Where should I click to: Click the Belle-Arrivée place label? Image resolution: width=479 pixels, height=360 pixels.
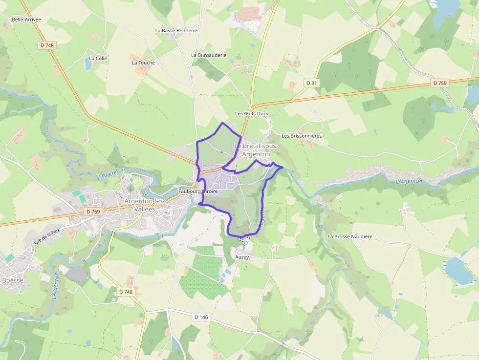click(x=26, y=20)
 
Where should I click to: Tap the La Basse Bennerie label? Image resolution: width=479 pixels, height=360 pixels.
click(x=176, y=30)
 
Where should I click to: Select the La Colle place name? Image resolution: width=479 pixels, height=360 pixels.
click(x=98, y=59)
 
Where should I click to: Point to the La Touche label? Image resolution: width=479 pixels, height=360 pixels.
click(x=143, y=63)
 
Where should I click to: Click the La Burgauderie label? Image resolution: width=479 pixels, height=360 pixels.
click(x=209, y=55)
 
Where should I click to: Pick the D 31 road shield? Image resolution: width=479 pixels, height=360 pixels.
click(x=311, y=83)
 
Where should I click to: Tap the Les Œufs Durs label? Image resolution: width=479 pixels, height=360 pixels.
click(x=251, y=114)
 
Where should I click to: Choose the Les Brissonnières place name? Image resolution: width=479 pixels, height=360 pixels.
click(x=302, y=136)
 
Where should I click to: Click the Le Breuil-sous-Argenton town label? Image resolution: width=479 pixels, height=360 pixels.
click(x=256, y=150)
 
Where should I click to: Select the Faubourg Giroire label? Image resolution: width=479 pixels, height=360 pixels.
click(x=198, y=192)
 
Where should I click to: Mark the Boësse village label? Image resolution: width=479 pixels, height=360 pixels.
click(x=13, y=280)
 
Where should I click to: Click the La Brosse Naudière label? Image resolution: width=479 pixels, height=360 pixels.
click(x=350, y=236)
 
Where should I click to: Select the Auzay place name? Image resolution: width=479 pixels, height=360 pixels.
click(x=242, y=257)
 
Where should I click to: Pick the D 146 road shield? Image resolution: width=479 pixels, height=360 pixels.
click(x=201, y=317)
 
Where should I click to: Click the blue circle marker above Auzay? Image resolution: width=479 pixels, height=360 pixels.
click(x=246, y=242)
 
